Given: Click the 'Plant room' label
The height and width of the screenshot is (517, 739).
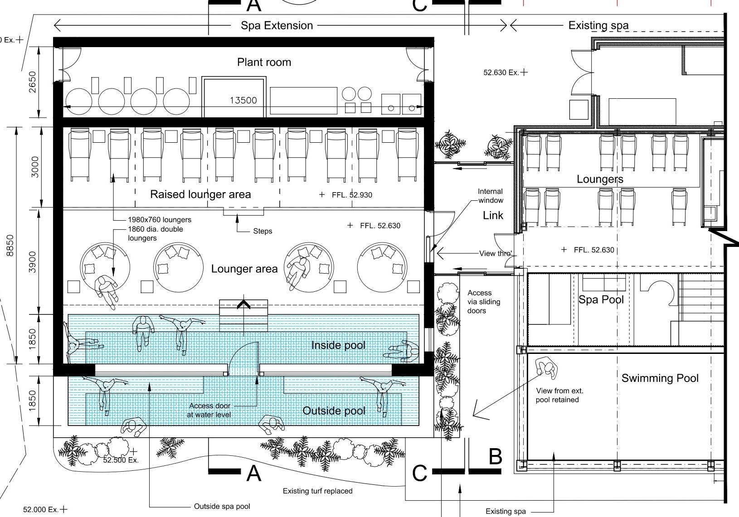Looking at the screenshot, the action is pyautogui.click(x=264, y=63).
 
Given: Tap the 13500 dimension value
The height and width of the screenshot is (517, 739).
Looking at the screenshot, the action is pyautogui.click(x=243, y=100).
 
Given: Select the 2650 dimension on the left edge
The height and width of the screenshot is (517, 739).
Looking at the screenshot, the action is pyautogui.click(x=32, y=82).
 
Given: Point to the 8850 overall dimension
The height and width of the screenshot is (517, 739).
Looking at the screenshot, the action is pyautogui.click(x=10, y=245).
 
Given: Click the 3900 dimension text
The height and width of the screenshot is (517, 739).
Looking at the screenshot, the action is pyautogui.click(x=32, y=262).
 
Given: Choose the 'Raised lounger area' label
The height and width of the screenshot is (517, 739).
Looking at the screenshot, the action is pyautogui.click(x=200, y=194).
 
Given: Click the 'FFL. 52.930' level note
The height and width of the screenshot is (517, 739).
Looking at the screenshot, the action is pyautogui.click(x=352, y=195).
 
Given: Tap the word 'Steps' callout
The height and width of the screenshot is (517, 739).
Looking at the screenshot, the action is pyautogui.click(x=263, y=231).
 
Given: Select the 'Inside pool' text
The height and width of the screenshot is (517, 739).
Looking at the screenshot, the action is pyautogui.click(x=338, y=345).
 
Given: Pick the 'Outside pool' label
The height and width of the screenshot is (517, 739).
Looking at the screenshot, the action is pyautogui.click(x=334, y=411).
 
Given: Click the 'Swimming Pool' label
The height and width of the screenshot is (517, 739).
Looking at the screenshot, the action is pyautogui.click(x=660, y=378).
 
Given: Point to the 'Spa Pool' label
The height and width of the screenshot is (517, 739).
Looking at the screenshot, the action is pyautogui.click(x=601, y=300).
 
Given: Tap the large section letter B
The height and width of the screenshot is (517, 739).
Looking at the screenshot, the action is pyautogui.click(x=495, y=457).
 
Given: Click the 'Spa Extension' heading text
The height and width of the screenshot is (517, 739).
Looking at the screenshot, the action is pyautogui.click(x=277, y=25).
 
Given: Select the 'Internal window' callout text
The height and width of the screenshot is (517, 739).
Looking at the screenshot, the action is pyautogui.click(x=491, y=196).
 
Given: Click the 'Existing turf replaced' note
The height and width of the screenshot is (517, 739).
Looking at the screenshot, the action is pyautogui.click(x=317, y=491).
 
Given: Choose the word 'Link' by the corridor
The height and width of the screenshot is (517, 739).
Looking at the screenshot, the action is pyautogui.click(x=493, y=215).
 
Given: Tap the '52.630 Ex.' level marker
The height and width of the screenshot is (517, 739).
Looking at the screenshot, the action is pyautogui.click(x=501, y=72).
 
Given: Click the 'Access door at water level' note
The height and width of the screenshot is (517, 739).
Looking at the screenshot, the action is pyautogui.click(x=209, y=410).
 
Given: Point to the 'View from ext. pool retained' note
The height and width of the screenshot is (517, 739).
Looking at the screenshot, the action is pyautogui.click(x=559, y=395).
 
